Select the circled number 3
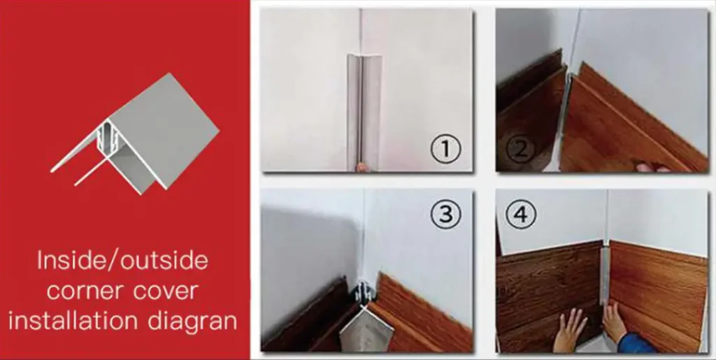[445, 213]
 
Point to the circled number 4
[520, 214]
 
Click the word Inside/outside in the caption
[122, 261]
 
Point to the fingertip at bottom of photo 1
[361, 167]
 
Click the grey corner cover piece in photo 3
[365, 329]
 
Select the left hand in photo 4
[569, 330]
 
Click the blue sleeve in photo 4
[638, 343]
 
